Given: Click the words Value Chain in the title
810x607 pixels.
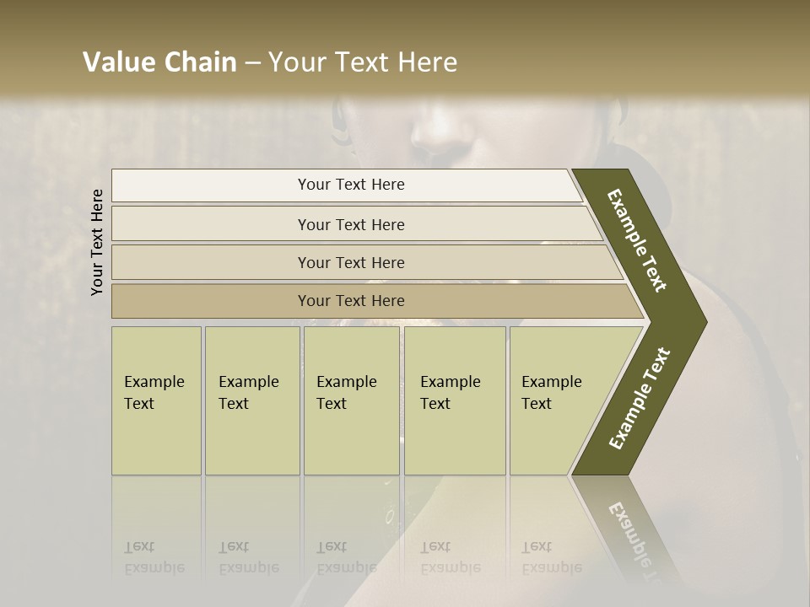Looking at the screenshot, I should [159, 62].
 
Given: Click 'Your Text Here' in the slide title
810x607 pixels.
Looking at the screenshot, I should [363, 62].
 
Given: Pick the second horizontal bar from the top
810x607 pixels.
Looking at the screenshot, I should [350, 224].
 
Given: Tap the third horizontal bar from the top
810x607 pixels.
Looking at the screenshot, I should [350, 262].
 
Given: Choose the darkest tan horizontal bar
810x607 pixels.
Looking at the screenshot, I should [350, 301].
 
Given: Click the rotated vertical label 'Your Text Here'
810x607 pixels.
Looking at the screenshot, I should [97, 242].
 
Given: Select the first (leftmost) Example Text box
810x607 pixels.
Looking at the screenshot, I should [156, 400].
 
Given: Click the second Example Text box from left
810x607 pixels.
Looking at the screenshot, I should [252, 400].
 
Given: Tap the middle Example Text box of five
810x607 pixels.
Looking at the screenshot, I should [351, 400].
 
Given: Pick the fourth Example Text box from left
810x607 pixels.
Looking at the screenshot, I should [455, 400].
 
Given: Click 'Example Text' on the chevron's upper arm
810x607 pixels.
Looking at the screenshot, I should [637, 240].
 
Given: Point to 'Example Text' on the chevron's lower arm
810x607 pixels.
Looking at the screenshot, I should [640, 398].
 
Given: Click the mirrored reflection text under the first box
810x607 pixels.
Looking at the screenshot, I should [154, 557].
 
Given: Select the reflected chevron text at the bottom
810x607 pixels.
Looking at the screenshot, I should [634, 540].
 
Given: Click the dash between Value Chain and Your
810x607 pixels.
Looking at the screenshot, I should [252, 63].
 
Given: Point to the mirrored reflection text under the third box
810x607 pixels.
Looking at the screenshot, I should [346, 557].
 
